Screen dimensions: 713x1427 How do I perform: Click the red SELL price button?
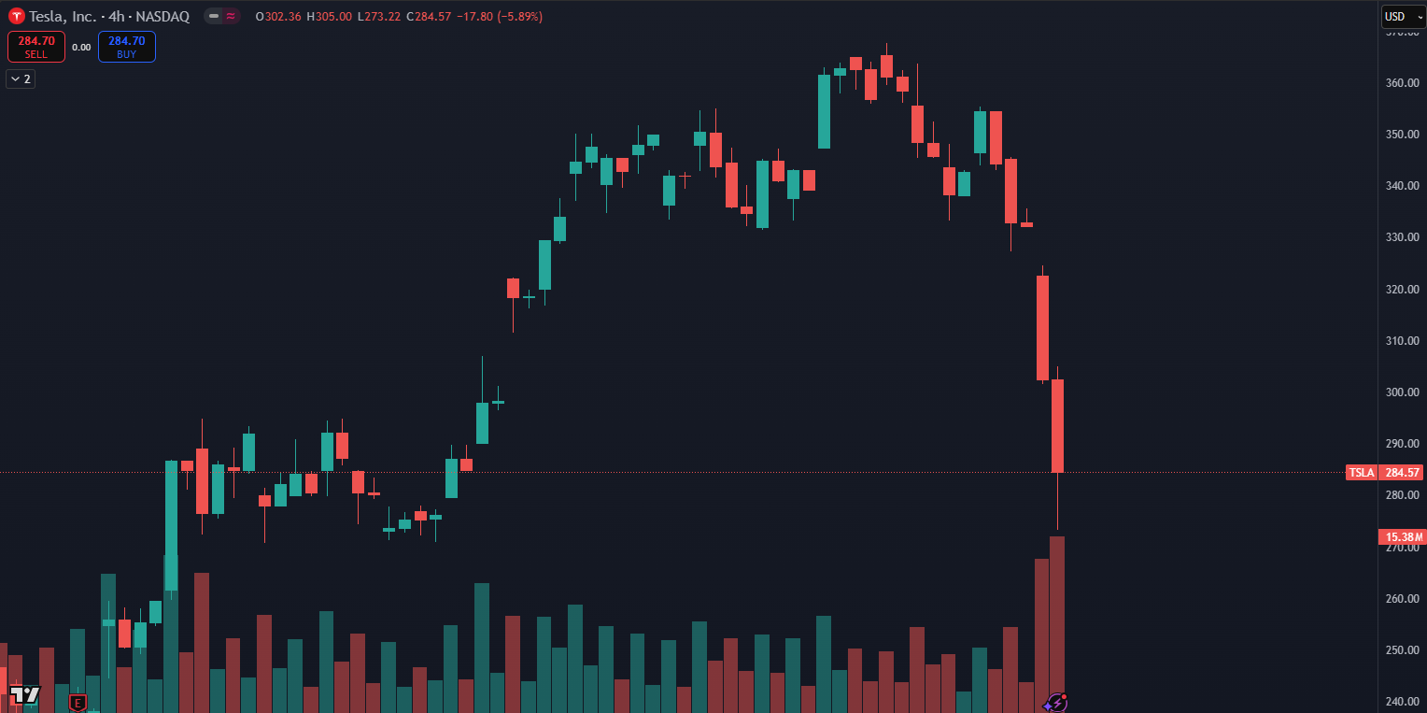[x=36, y=47]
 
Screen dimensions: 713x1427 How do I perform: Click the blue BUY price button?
[x=126, y=47]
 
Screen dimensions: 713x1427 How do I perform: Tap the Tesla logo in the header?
[x=16, y=17]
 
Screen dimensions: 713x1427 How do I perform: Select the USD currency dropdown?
[x=1402, y=17]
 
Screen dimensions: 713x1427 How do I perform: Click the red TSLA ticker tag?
[x=1361, y=473]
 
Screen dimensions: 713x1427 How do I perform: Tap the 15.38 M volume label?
[x=1403, y=537]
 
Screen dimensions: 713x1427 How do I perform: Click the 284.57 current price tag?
[x=1403, y=473]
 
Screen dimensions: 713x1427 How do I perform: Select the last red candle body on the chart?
[x=1058, y=425]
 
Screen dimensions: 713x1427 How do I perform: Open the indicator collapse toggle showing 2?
[x=20, y=79]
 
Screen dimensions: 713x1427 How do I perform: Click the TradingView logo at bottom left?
[x=24, y=694]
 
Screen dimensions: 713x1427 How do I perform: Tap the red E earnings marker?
[x=78, y=702]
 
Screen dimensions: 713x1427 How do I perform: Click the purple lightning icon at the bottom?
[x=1056, y=702]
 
